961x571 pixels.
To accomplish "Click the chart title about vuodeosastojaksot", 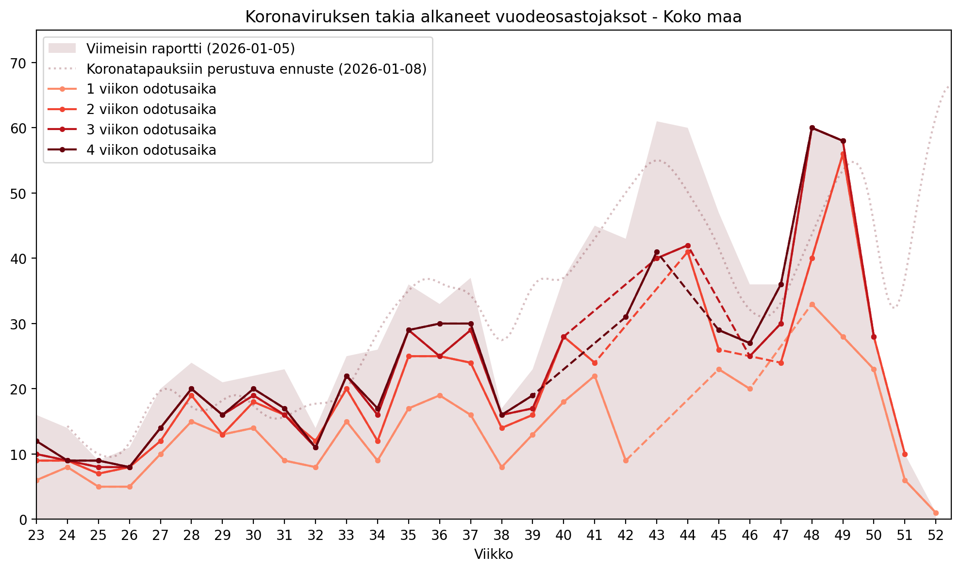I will click(x=493, y=17).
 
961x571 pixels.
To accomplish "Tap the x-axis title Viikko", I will click(x=493, y=554).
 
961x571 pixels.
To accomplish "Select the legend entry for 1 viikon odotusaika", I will click(x=151, y=89).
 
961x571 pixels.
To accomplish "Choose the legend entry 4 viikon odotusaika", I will click(x=151, y=150).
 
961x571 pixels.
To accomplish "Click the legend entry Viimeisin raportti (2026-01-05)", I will click(x=190, y=49).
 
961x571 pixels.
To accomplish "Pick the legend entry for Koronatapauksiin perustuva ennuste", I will click(x=256, y=69).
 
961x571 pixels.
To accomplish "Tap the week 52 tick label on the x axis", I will click(x=935, y=535).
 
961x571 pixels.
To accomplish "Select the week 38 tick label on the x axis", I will click(x=501, y=535).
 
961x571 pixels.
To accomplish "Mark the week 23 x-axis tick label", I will click(x=36, y=535).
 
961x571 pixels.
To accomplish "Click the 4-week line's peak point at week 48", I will click(x=812, y=128).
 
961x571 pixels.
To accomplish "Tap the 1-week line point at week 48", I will click(x=812, y=305).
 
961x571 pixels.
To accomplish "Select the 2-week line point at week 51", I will click(x=905, y=455).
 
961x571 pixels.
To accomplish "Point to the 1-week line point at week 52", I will click(x=935, y=513).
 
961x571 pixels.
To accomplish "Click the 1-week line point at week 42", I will click(x=626, y=460).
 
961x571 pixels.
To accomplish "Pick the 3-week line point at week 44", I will click(x=688, y=245).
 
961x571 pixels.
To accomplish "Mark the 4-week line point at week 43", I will click(x=657, y=252).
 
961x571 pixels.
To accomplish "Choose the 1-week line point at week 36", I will click(x=440, y=395).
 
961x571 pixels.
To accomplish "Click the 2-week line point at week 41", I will click(x=595, y=363).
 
